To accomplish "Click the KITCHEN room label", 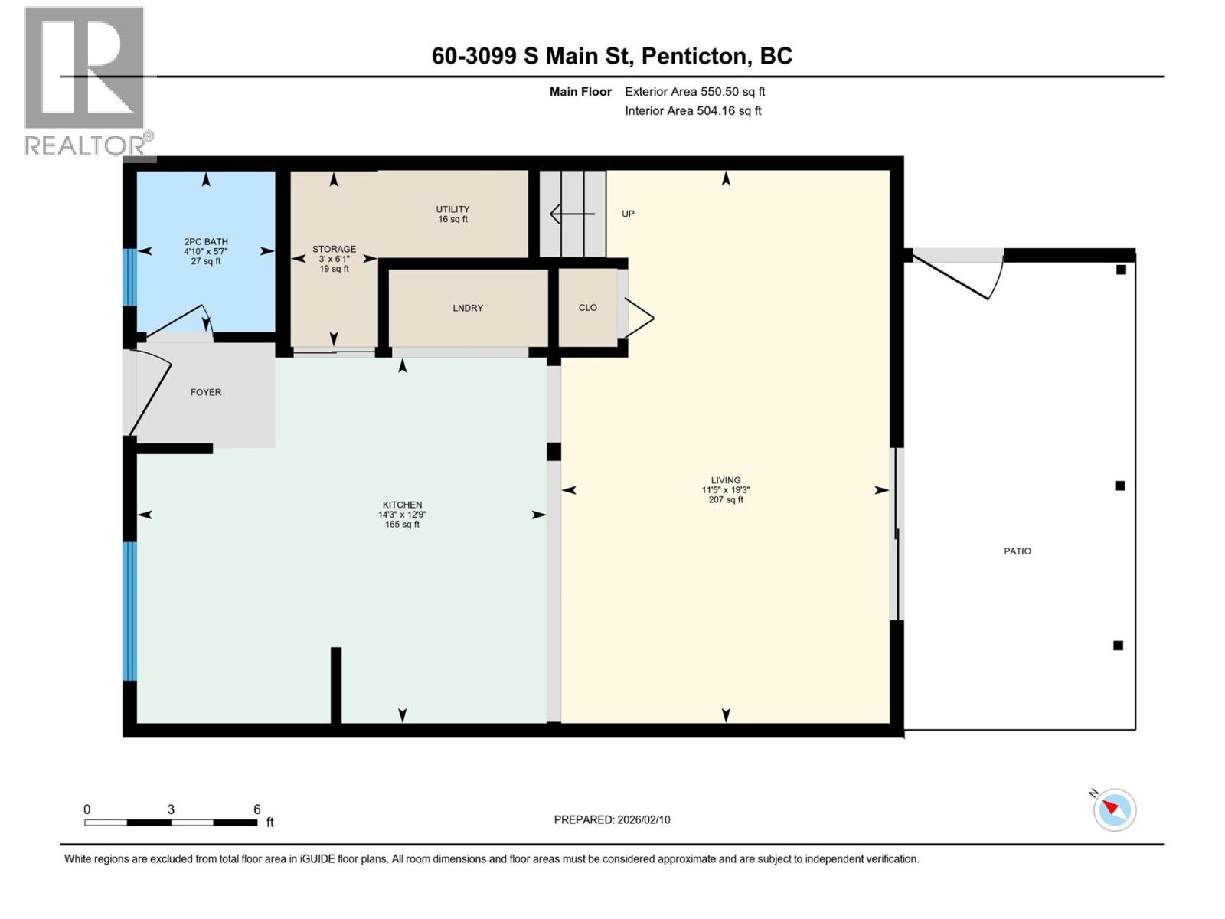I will (402, 505).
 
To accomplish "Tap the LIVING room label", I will (725, 481).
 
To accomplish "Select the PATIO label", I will (1017, 551).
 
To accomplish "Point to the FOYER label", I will (205, 392).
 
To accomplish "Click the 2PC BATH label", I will (205, 242).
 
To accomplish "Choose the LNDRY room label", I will (467, 308).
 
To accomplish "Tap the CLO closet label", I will (587, 308).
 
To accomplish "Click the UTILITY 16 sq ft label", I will (452, 214).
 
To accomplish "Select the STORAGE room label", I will (334, 250).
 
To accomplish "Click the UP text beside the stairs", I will (628, 214).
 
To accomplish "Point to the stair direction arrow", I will (571, 214).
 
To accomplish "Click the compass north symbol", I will (1114, 809).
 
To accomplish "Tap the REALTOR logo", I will (86, 80).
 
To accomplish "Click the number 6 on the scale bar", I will (257, 809).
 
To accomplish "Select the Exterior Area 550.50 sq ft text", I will (694, 92).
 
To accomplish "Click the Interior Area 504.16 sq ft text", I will (693, 111).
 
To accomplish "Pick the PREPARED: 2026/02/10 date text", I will (612, 819).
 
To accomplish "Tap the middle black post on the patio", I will (1119, 486).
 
